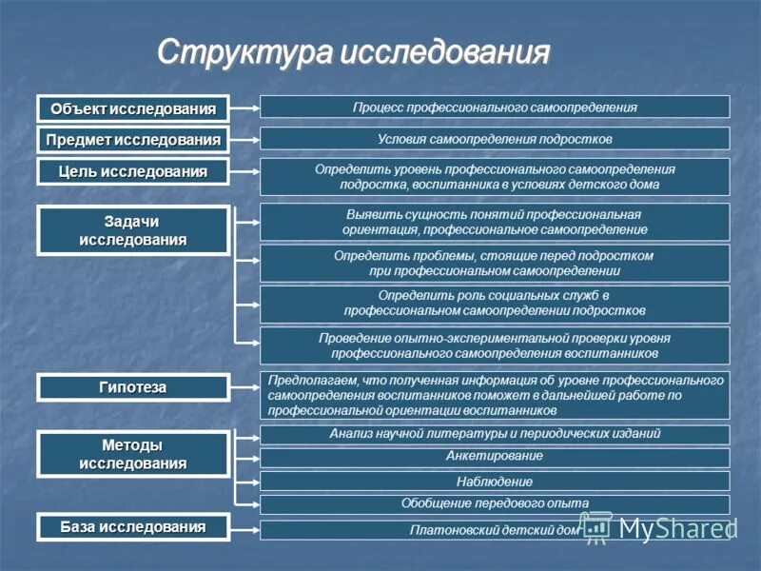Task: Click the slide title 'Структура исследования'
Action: (353, 52)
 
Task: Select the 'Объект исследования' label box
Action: (133, 108)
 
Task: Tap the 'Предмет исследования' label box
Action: (133, 140)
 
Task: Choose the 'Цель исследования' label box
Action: (133, 172)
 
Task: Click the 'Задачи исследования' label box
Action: (133, 230)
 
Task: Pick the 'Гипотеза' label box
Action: (133, 387)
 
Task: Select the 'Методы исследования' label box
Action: (133, 454)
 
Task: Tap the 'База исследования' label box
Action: (133, 526)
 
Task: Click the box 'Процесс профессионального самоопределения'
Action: (495, 107)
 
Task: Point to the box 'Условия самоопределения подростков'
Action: (495, 139)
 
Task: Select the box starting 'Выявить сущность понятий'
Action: (495, 222)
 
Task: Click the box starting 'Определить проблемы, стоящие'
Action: (495, 264)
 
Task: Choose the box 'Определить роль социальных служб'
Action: (495, 304)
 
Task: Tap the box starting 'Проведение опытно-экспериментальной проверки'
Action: (495, 345)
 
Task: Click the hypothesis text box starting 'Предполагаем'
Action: (495, 395)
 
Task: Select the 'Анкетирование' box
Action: (495, 457)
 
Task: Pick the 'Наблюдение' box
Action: (495, 482)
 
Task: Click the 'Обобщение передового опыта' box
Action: (495, 503)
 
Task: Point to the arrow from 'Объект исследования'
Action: (245, 108)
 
